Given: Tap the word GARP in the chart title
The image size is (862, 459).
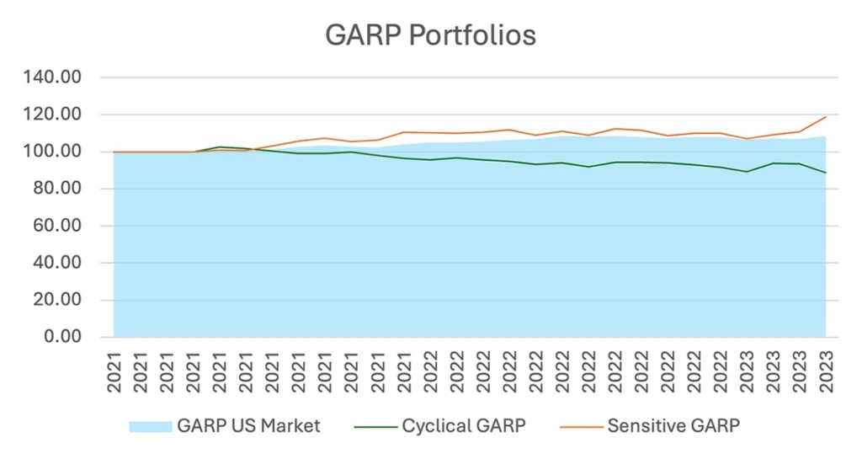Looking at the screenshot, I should pos(354,36).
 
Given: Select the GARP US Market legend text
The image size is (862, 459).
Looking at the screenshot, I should pos(248,426).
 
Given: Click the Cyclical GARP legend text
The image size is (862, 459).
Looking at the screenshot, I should pos(464,426).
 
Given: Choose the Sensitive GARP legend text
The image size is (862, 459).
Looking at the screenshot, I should pos(673,426).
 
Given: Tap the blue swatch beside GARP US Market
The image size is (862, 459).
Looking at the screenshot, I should pos(150,426).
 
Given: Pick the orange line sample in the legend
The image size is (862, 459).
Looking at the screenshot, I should pos(580,426).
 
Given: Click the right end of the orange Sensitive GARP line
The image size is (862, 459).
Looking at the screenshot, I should pos(826,117).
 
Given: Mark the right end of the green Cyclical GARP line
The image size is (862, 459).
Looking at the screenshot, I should pos(826,173).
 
